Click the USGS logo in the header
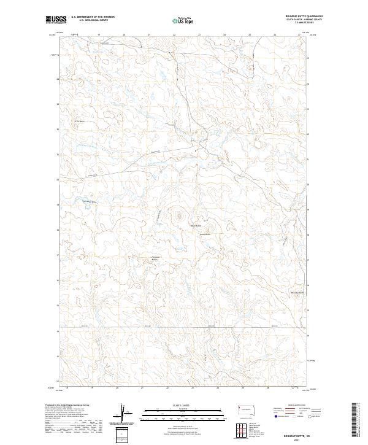click(56, 20)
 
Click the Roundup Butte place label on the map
click(297, 293)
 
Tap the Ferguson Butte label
click(155, 258)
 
